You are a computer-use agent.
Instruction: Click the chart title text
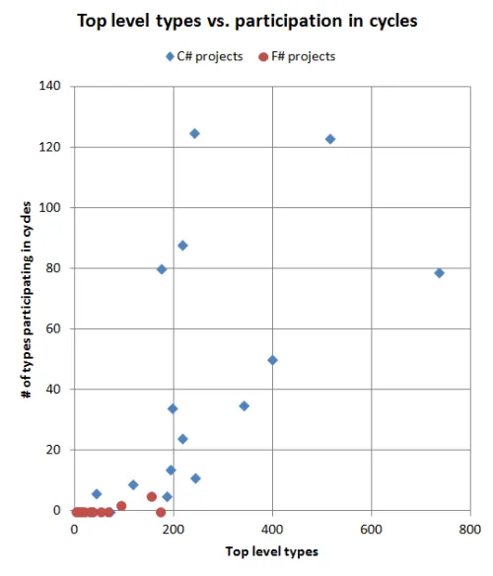(x=247, y=21)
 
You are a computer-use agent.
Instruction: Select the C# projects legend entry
(x=204, y=56)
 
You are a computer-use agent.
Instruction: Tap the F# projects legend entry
(x=297, y=56)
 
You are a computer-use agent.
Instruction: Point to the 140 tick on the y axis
(x=49, y=86)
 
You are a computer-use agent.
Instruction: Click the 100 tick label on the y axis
(x=49, y=207)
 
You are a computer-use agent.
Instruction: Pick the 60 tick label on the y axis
(x=53, y=328)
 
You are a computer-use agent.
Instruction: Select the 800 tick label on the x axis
(x=470, y=530)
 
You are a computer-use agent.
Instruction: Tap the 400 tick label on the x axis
(x=272, y=530)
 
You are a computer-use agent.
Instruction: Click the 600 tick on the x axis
(x=371, y=530)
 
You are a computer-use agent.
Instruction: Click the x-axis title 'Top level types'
(x=272, y=551)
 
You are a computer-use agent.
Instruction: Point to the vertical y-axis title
(x=27, y=300)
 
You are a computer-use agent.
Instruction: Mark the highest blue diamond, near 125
(x=194, y=134)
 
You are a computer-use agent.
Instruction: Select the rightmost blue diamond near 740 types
(x=439, y=273)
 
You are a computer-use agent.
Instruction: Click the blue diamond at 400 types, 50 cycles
(x=272, y=360)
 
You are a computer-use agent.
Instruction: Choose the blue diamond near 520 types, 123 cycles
(x=330, y=139)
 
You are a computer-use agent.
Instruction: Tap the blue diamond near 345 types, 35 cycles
(x=244, y=406)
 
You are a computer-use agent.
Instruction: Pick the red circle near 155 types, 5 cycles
(x=152, y=497)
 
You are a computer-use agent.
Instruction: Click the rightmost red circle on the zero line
(x=161, y=512)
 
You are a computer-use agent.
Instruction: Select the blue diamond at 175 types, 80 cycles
(x=162, y=269)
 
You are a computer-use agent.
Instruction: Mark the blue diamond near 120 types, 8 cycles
(x=133, y=485)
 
